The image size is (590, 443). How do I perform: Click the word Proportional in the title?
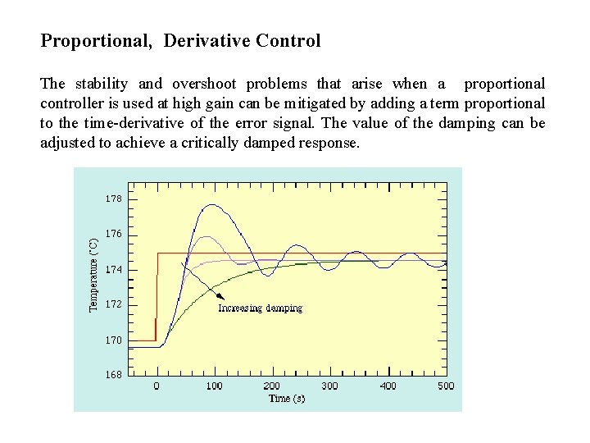point(96,40)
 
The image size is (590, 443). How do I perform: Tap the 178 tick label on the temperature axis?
point(113,199)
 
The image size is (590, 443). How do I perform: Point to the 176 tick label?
point(113,234)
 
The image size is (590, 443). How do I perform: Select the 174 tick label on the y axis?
point(113,269)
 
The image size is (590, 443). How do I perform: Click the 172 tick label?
point(113,304)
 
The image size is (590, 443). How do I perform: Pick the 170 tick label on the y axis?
point(113,340)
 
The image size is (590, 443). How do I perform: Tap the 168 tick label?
point(113,375)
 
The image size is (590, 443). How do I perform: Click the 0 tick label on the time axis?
point(157,386)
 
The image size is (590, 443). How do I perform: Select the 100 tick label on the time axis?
point(214,386)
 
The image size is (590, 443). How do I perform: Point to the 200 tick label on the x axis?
point(272,386)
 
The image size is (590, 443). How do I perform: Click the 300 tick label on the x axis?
point(329,386)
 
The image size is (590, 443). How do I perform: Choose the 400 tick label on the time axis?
point(388,386)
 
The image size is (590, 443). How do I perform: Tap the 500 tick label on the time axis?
point(445,386)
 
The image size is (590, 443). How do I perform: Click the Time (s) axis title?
point(287,398)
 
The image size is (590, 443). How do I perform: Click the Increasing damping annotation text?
point(260,308)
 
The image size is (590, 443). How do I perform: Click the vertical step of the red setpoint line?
point(157,295)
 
